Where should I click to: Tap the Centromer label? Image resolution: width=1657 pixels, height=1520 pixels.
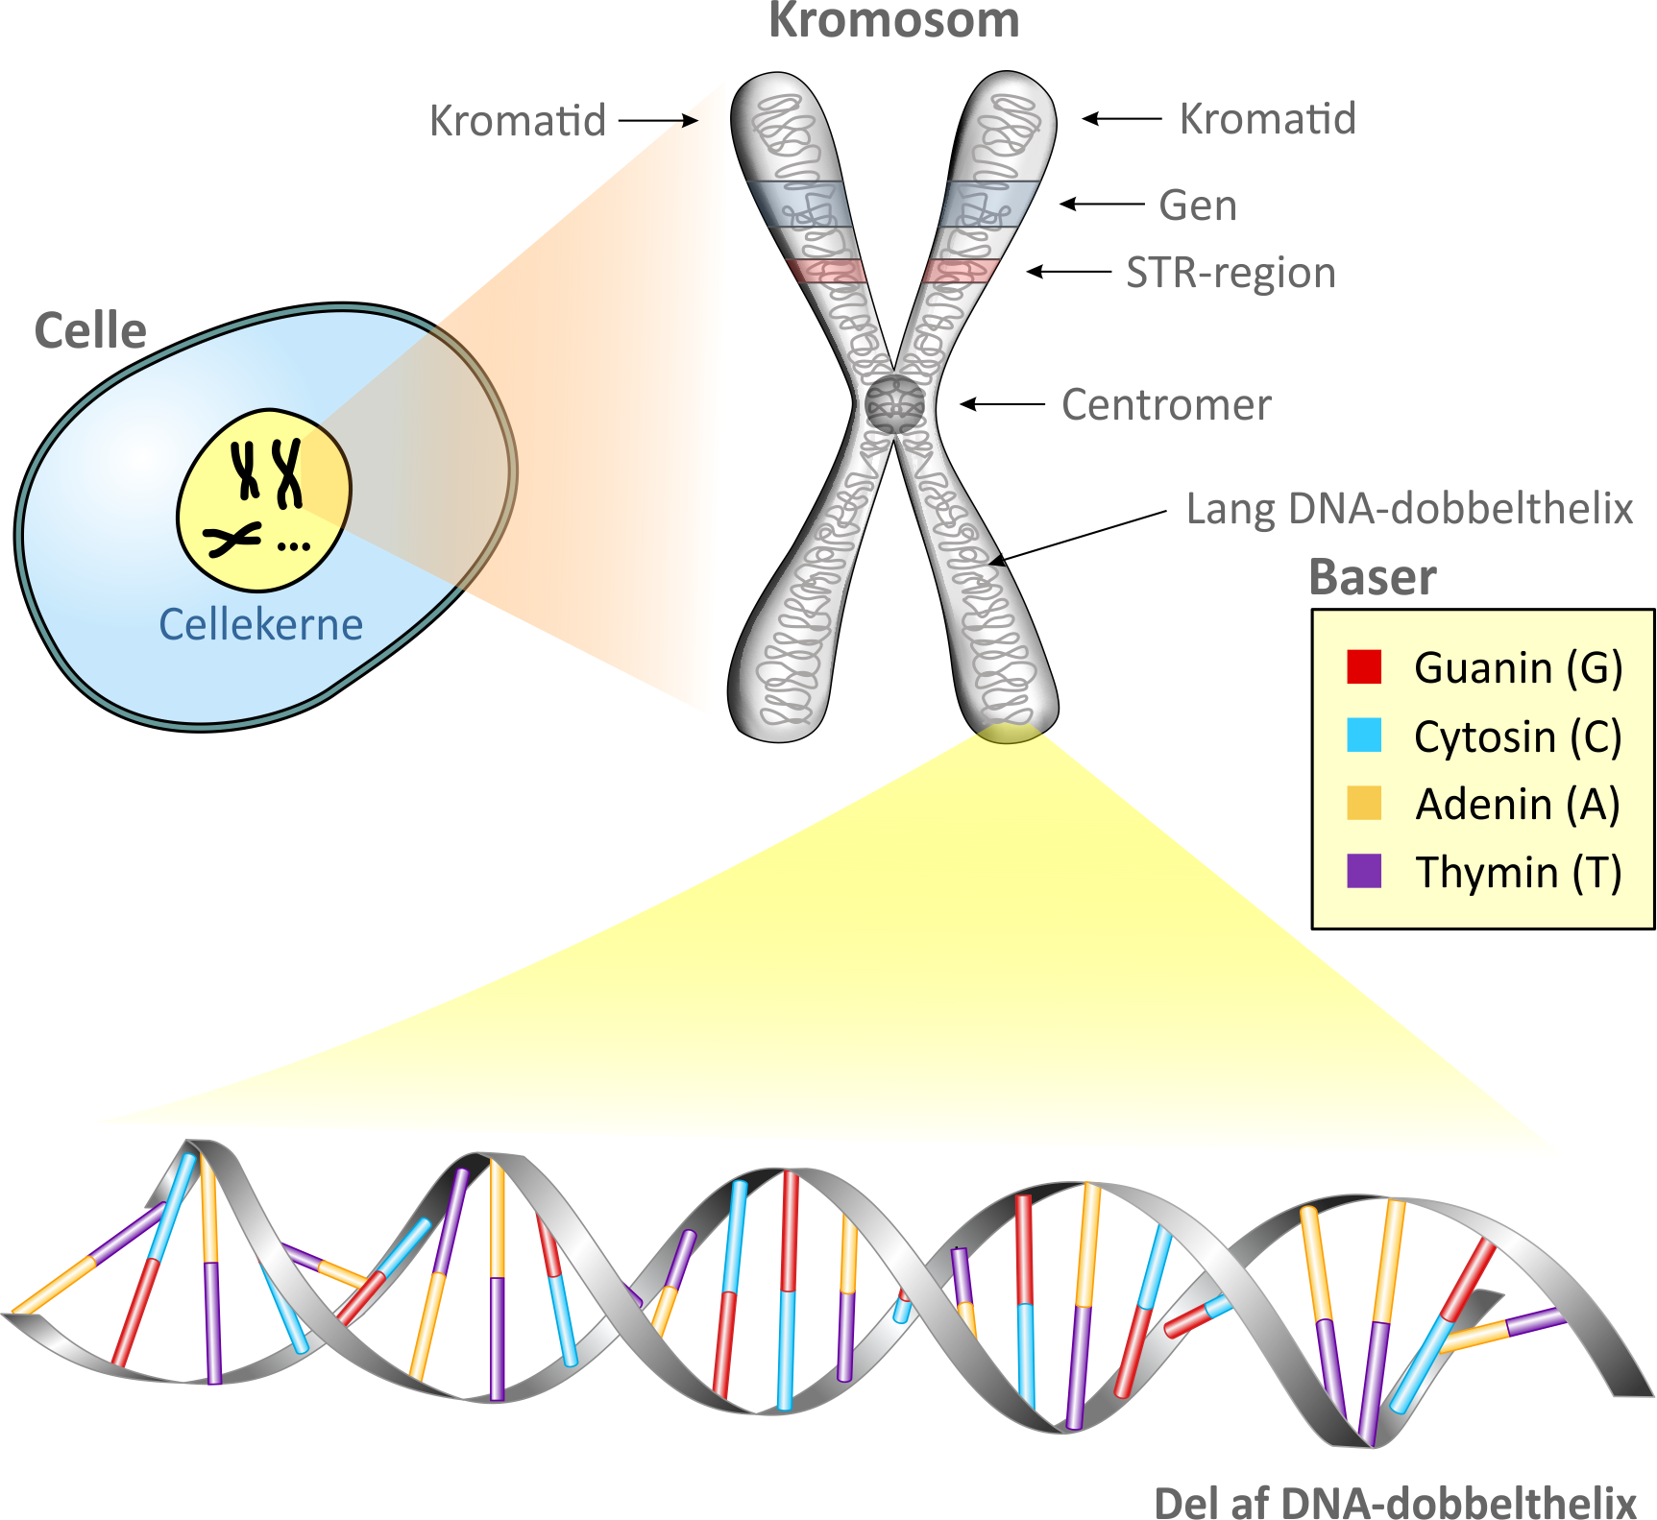tap(1166, 405)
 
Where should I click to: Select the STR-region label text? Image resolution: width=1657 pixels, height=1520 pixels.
tap(1231, 273)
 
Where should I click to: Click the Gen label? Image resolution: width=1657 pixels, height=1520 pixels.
tap(1198, 205)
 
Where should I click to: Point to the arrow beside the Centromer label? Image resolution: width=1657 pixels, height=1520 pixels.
tap(1003, 404)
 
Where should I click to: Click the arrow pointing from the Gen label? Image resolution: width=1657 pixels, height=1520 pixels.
tap(1102, 204)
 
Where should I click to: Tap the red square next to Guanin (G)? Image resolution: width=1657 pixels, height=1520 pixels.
tap(1364, 666)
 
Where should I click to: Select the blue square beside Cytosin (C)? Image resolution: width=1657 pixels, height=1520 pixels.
tap(1364, 736)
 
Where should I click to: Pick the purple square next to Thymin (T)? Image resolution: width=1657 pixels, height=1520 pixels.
tap(1364, 871)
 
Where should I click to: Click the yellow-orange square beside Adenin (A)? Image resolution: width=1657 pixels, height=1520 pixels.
tap(1364, 803)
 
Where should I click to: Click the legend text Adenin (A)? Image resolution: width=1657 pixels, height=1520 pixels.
tap(1518, 805)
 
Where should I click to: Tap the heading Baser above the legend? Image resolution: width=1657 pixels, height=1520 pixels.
tap(1373, 578)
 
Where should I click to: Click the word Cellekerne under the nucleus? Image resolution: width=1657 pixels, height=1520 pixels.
tap(260, 624)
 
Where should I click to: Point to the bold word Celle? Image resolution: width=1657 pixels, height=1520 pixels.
tap(90, 331)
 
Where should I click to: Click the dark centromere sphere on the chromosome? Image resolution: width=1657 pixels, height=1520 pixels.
tap(895, 404)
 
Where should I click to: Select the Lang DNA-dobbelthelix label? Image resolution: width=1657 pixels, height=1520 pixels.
tap(1409, 509)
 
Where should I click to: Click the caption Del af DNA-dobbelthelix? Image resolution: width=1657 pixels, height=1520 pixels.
tap(1395, 1502)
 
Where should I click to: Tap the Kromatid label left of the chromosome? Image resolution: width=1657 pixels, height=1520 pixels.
tap(517, 121)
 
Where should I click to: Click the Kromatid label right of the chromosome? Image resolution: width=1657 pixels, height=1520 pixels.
tap(1267, 119)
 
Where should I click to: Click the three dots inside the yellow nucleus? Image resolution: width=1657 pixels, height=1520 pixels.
tap(293, 546)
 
